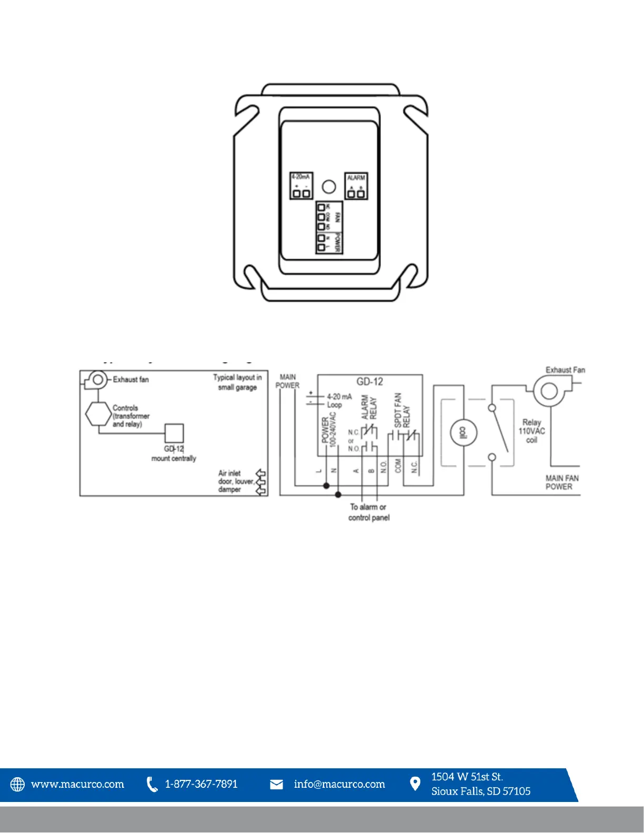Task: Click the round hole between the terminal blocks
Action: pos(328,187)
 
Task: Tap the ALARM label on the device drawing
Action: pos(356,178)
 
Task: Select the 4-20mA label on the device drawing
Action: pos(301,177)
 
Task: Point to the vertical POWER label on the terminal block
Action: pos(337,242)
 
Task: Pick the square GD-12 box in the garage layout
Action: pos(174,433)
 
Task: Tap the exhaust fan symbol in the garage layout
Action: pos(96,379)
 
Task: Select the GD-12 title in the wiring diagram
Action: pos(370,382)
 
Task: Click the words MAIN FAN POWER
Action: pos(562,482)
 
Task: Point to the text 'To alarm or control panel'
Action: pos(369,512)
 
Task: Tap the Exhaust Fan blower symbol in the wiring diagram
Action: pos(549,391)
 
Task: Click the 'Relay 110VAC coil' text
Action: pos(531,431)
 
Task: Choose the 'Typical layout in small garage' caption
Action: pos(237,382)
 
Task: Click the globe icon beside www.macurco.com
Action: pos(18,784)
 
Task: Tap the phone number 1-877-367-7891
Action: pos(201,784)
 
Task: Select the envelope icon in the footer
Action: pos(276,785)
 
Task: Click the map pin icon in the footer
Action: pos(415,784)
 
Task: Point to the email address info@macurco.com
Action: pos(339,784)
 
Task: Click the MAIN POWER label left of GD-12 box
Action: pos(287,381)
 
